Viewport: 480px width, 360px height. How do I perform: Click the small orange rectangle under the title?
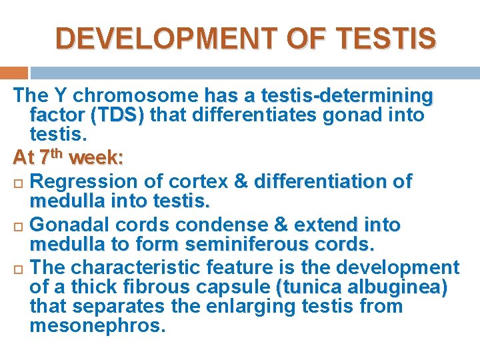click(14, 73)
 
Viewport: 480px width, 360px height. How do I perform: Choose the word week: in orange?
click(95, 159)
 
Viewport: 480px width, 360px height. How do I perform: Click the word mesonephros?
click(97, 326)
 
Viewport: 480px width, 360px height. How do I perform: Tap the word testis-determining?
click(347, 96)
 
